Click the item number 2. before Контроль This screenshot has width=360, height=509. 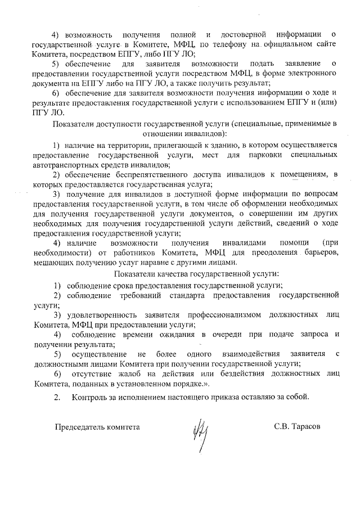coord(57,397)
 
